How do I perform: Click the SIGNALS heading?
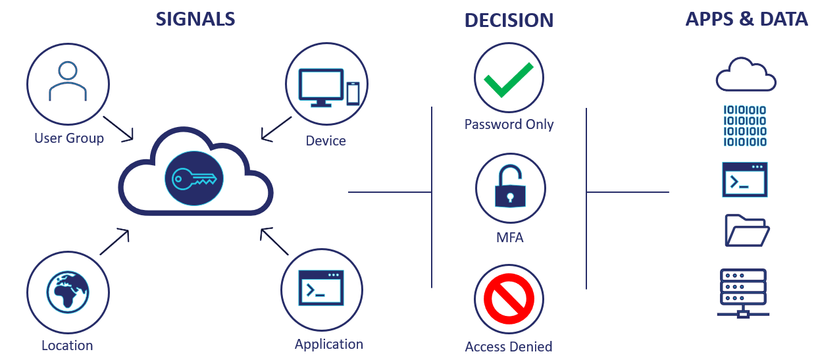pos(195,19)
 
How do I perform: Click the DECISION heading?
pos(509,20)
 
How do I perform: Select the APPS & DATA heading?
pos(746,19)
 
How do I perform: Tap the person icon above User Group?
pos(68,81)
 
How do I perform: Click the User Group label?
pos(69,138)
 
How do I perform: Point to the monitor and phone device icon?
pos(329,88)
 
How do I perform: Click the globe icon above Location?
pos(68,292)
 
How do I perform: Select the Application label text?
pos(329,344)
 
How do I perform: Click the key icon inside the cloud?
pos(194,178)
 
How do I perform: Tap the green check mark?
pos(508,80)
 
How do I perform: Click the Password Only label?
pos(509,124)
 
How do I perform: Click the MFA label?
pos(510,238)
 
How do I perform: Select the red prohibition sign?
pos(509,299)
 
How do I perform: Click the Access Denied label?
pos(509,346)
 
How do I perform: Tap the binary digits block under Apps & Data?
pos(745,126)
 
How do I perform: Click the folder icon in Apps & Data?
pos(747,230)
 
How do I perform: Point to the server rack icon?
pos(743,294)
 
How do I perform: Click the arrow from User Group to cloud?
pos(118,129)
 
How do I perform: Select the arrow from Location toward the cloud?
pos(115,242)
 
